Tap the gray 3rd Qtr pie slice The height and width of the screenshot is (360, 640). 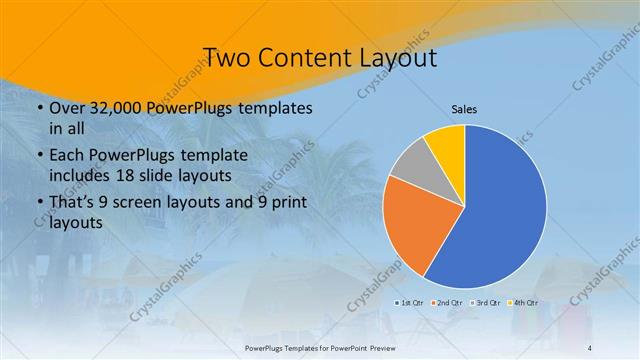tap(410, 164)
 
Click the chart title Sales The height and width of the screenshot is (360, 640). tap(465, 108)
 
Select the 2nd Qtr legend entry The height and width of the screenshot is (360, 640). tap(447, 302)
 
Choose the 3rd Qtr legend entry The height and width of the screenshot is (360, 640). tap(485, 302)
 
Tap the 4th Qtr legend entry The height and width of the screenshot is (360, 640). tap(522, 302)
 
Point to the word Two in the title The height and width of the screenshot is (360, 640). tap(227, 58)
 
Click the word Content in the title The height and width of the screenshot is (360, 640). tap(303, 58)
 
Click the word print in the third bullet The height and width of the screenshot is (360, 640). tap(285, 203)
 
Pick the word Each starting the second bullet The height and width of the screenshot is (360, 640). tap(66, 155)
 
